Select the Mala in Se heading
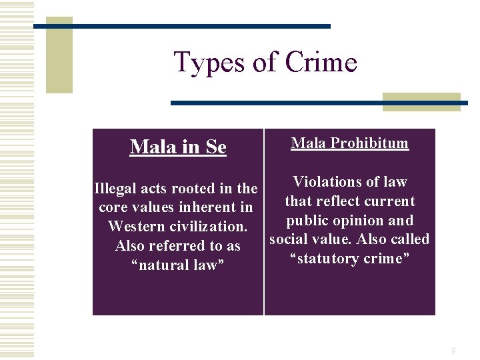(178, 147)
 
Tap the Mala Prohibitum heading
(350, 143)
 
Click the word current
(390, 201)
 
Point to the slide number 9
(453, 350)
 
